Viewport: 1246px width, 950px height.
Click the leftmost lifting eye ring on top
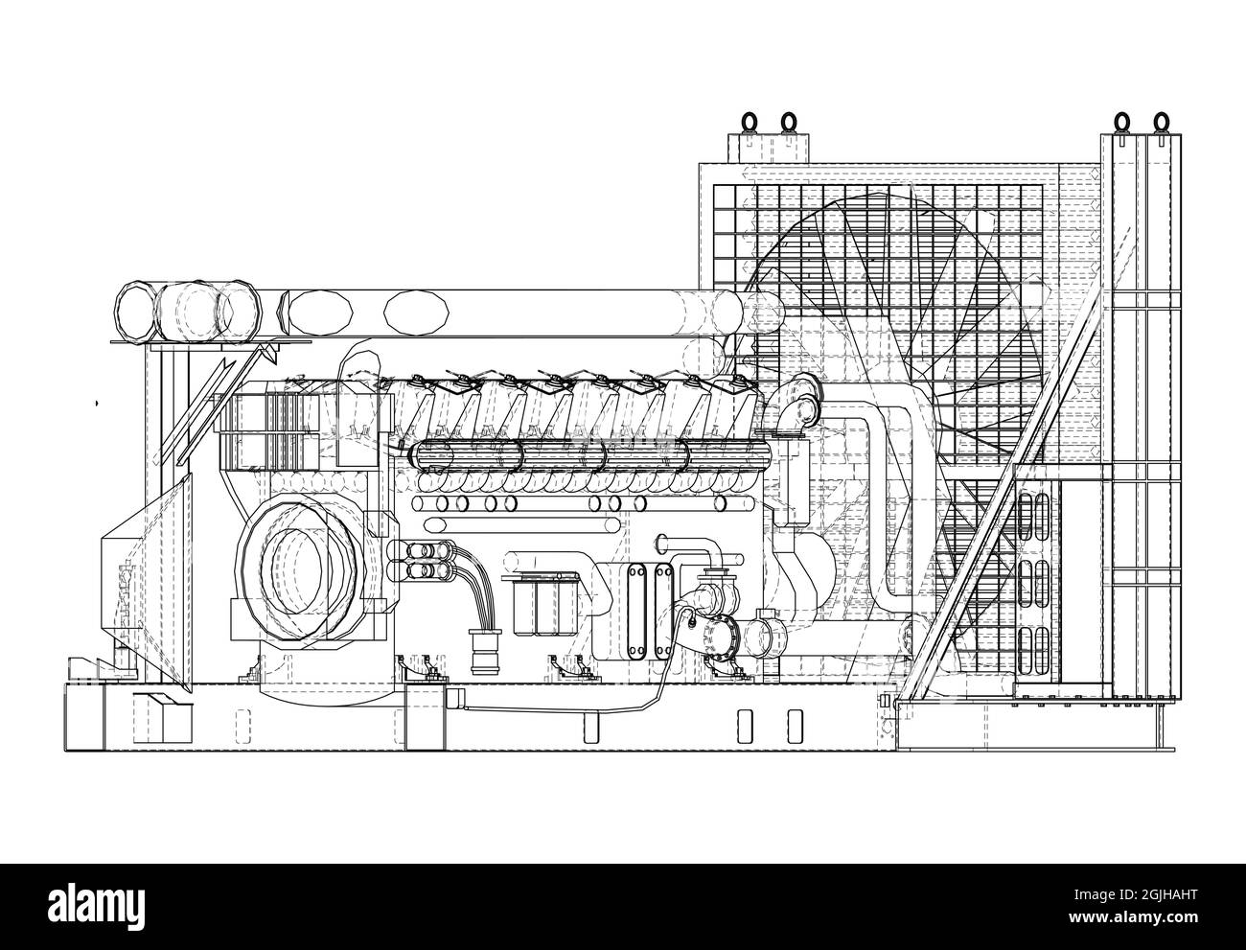(750, 123)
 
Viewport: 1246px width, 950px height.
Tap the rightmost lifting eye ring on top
(1162, 123)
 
